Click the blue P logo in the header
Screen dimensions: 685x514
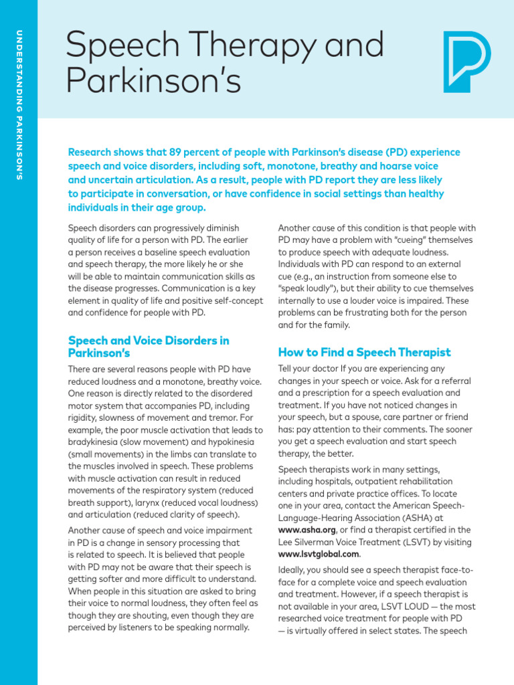[x=466, y=62]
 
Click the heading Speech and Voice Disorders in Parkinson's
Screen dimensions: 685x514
[x=149, y=347]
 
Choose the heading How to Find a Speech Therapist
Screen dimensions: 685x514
[x=364, y=353]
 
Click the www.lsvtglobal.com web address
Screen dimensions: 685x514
[x=319, y=555]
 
